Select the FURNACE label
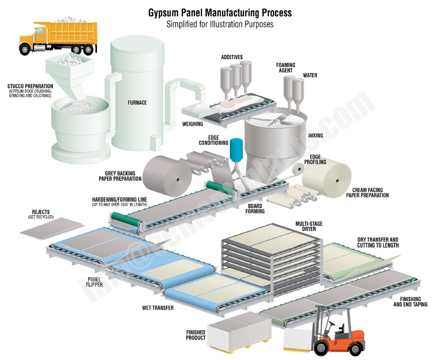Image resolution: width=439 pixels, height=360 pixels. pos(137,102)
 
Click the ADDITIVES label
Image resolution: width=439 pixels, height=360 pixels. pos(231,57)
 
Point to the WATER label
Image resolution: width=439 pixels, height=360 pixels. pos(310,75)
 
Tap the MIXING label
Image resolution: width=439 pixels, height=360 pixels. pos(315,136)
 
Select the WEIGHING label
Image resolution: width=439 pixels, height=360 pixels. pos(192,124)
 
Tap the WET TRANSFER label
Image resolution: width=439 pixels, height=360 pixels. pos(158,308)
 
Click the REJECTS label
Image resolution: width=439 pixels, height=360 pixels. pos(41,212)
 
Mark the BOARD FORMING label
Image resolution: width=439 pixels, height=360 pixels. pos(255,209)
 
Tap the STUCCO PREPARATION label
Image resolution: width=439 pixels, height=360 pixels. pos(30,86)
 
